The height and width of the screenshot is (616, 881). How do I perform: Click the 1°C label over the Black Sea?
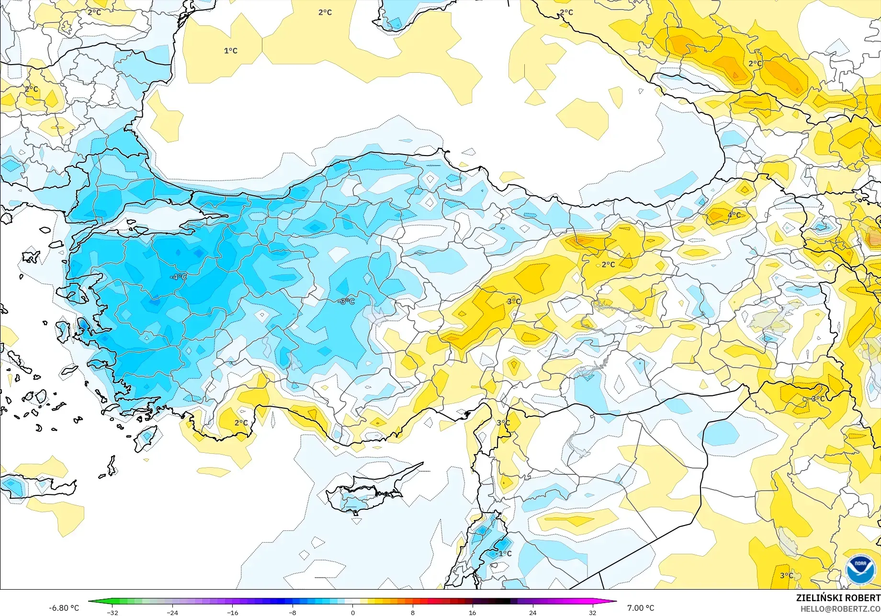(x=230, y=51)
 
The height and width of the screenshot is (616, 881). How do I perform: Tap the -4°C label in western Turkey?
(x=178, y=277)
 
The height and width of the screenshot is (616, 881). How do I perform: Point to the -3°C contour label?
(x=346, y=302)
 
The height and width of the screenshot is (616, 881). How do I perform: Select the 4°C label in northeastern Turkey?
(x=734, y=215)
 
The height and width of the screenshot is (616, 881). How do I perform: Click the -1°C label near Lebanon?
(x=503, y=553)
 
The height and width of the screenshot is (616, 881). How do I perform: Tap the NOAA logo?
(x=860, y=570)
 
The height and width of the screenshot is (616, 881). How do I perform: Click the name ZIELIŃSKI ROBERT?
(x=838, y=598)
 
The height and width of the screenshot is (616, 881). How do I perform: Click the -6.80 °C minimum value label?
(x=64, y=608)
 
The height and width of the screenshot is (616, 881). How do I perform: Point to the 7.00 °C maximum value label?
(x=640, y=608)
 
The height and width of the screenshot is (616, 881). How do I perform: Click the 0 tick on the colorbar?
(x=353, y=613)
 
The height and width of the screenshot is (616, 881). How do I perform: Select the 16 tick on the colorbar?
(x=473, y=613)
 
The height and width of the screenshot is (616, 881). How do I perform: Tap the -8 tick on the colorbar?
(x=293, y=613)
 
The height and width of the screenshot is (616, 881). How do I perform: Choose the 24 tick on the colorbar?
(x=532, y=613)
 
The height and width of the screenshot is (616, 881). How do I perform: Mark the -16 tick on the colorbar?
(x=232, y=613)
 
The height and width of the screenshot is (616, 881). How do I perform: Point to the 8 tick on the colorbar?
(x=413, y=613)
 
